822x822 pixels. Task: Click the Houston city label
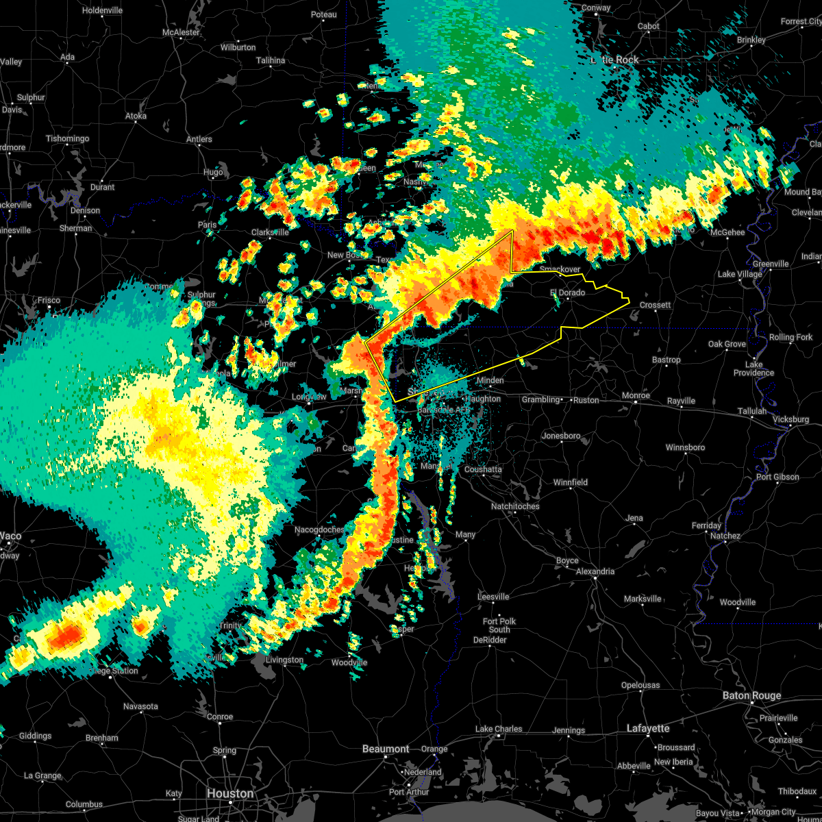click(230, 793)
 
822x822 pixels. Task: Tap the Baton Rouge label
click(751, 695)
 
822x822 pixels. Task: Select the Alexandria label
click(595, 571)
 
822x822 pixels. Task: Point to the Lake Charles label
click(499, 729)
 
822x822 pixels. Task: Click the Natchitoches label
click(515, 506)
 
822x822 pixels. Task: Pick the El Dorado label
click(568, 292)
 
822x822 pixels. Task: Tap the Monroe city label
click(636, 396)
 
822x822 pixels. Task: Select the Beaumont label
click(386, 749)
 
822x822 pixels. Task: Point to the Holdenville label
click(102, 11)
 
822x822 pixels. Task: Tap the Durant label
click(103, 187)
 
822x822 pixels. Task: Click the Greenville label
click(771, 264)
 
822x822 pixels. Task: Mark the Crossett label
click(656, 305)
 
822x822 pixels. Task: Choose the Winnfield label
click(571, 482)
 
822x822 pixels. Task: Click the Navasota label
click(140, 706)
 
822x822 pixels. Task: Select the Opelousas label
click(641, 685)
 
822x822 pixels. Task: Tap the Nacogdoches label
click(320, 530)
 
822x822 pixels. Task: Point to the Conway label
click(596, 8)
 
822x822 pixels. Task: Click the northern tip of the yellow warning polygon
click(512, 231)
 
